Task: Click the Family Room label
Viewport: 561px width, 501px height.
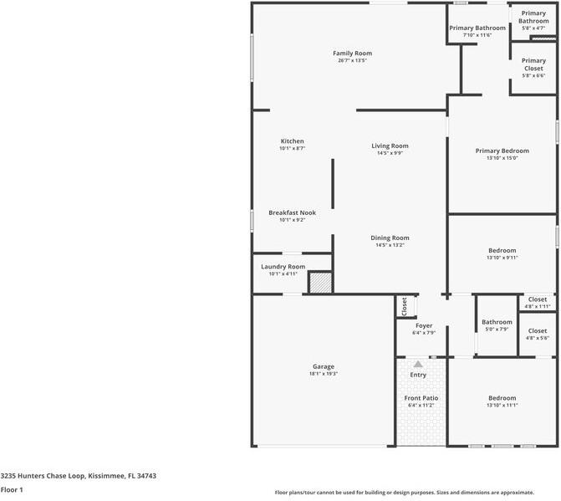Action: (352, 54)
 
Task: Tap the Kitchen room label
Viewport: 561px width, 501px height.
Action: (292, 141)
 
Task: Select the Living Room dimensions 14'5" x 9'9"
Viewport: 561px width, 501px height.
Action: (390, 153)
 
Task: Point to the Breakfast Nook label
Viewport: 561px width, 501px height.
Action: (292, 212)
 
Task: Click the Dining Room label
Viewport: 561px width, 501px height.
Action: (390, 238)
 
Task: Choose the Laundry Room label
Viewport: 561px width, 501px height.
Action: (283, 267)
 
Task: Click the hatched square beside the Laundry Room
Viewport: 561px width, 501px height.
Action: (320, 283)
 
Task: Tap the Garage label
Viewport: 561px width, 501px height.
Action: (324, 366)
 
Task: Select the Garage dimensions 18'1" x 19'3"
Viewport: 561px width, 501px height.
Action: (324, 374)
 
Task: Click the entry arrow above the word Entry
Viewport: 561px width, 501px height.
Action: (417, 365)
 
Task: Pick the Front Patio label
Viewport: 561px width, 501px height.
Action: (421, 397)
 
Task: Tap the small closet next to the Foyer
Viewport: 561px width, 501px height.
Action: (404, 307)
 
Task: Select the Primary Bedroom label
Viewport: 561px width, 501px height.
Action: (502, 151)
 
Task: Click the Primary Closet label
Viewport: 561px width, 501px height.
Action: (533, 64)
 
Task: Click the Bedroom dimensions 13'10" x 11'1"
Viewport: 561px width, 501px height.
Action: (502, 406)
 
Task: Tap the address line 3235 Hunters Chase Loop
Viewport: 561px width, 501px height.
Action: (79, 475)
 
